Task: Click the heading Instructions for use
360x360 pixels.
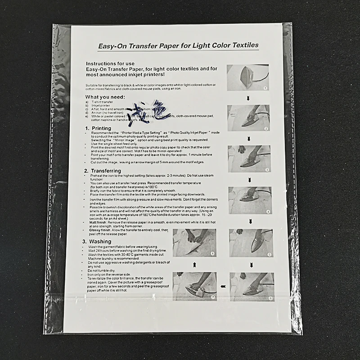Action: tap(107, 64)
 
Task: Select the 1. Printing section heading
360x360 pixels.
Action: tap(99, 128)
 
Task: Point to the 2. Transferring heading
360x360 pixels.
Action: tap(103, 171)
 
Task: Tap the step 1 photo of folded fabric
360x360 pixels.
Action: tap(247, 77)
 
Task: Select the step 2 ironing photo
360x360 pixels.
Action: tap(248, 118)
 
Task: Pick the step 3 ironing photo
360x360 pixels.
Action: tap(249, 158)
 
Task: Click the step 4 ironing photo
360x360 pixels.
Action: tap(250, 200)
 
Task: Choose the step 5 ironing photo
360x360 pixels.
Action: tap(251, 243)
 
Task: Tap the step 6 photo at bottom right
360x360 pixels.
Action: tap(252, 287)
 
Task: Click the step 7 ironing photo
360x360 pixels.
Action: tap(194, 286)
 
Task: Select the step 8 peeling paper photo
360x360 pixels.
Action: tap(194, 243)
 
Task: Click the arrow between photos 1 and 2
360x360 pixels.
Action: tap(247, 98)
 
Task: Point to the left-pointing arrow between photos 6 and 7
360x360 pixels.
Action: tap(223, 286)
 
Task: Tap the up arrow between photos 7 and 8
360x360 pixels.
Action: tap(194, 265)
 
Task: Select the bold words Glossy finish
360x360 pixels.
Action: tap(100, 230)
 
